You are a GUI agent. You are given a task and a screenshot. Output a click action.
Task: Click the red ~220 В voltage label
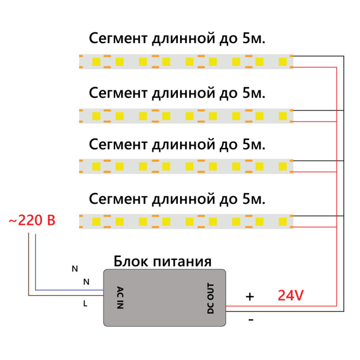(x=32, y=221)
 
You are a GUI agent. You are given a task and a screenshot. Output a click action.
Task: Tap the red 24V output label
(x=290, y=296)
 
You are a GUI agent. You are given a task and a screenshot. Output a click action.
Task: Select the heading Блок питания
(x=162, y=261)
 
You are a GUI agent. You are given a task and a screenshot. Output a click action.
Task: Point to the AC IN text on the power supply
(x=120, y=297)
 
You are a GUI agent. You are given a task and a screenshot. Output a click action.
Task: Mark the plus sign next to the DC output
(x=250, y=297)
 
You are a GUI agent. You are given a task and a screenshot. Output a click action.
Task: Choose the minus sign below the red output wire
(x=250, y=320)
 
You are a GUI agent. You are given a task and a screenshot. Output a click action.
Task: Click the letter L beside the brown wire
(x=85, y=304)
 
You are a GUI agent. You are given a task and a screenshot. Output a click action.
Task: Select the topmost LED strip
(x=186, y=61)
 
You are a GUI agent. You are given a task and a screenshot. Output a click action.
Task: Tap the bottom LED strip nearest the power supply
(x=186, y=221)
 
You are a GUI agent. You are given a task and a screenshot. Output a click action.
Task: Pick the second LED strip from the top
(x=186, y=115)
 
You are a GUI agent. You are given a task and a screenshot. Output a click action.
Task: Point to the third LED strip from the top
(x=186, y=166)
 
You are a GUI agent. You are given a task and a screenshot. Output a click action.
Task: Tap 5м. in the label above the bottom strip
(x=254, y=198)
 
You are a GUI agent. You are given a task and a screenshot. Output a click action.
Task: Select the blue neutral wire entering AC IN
(x=66, y=290)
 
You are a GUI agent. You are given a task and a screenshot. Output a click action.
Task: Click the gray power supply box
(x=165, y=298)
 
